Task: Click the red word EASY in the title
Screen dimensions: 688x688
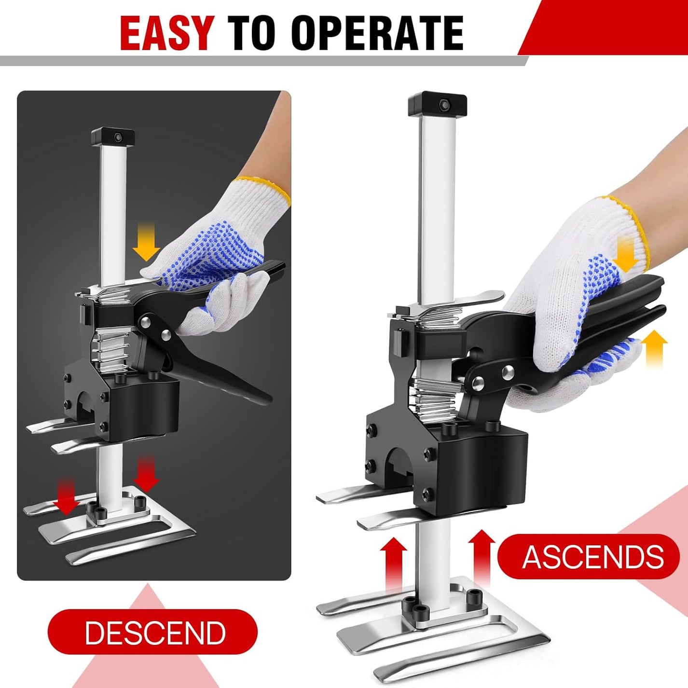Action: pyautogui.click(x=167, y=33)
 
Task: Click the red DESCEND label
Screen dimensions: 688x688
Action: pyautogui.click(x=153, y=632)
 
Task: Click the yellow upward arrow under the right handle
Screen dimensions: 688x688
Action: pyautogui.click(x=655, y=347)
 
